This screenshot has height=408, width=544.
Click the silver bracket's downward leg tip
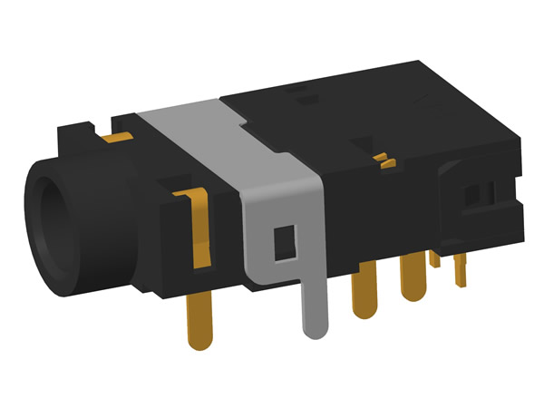(x=314, y=326)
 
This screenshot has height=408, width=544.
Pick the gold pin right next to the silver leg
(x=364, y=290)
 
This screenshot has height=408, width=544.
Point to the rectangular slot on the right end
(x=479, y=194)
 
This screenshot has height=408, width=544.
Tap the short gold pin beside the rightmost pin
(x=435, y=258)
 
